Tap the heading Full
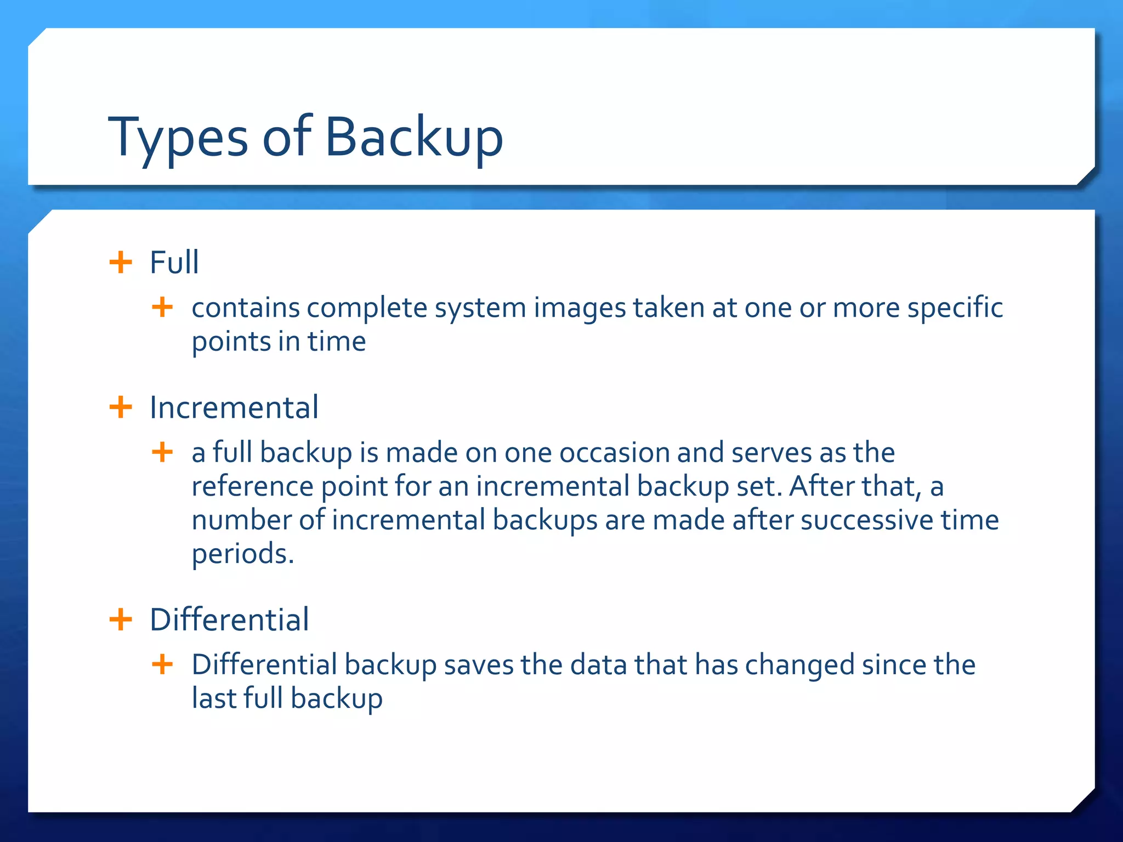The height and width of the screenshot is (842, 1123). [x=174, y=262]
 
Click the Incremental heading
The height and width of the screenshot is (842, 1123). [x=234, y=407]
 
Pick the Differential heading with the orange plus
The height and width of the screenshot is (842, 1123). [x=229, y=619]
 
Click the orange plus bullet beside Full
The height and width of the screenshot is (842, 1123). [x=121, y=262]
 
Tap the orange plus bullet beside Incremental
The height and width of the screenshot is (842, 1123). [x=121, y=407]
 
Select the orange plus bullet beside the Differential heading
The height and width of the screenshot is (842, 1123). [x=121, y=620]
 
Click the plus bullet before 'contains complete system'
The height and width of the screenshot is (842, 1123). [x=162, y=307]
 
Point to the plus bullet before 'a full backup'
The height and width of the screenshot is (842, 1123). [x=162, y=452]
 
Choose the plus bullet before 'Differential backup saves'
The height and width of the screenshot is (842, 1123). [x=162, y=664]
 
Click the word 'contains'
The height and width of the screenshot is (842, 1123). [x=246, y=308]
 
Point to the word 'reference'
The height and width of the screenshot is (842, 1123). [x=252, y=487]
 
